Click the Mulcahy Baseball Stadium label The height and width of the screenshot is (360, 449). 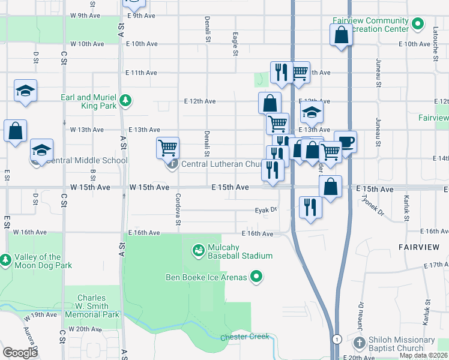tap(240, 251)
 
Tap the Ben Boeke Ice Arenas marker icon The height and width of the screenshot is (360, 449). tap(256, 277)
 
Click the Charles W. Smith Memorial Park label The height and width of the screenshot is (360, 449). tap(91, 306)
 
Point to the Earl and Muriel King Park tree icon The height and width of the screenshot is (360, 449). tap(125, 100)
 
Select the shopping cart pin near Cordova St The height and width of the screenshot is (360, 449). tap(167, 148)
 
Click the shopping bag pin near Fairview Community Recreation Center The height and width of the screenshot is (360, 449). tap(341, 35)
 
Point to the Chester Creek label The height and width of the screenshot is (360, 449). tap(244, 337)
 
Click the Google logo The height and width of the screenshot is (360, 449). tap(20, 353)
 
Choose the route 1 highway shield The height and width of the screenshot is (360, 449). tap(338, 338)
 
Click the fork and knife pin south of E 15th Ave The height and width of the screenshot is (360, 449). tap(310, 208)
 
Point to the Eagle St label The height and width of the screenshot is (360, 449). tap(235, 44)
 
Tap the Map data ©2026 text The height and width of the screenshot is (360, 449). tap(424, 355)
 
